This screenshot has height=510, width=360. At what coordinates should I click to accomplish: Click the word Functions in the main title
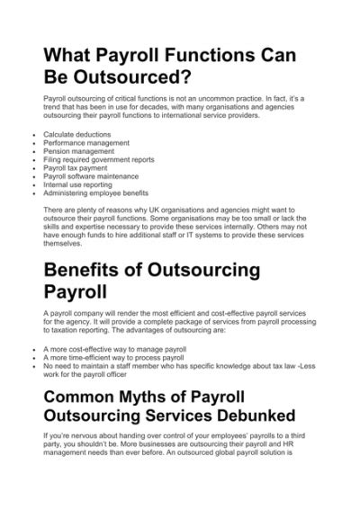pyautogui.click(x=214, y=56)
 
